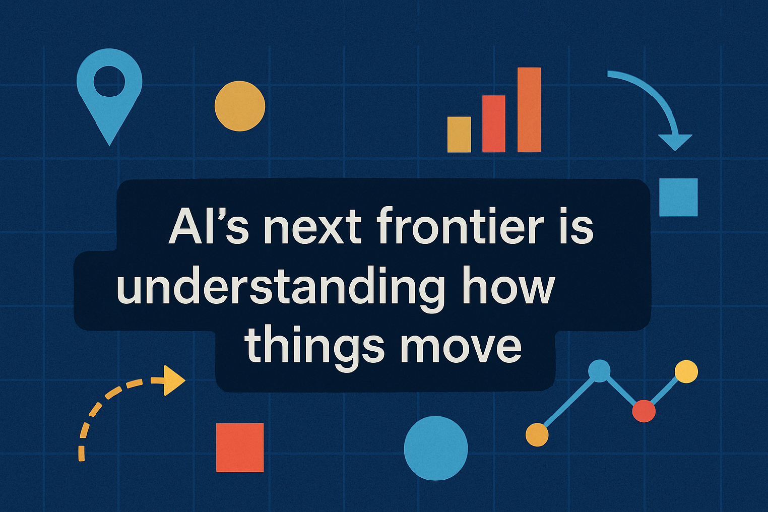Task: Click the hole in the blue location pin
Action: (x=109, y=81)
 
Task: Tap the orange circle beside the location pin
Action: (x=240, y=106)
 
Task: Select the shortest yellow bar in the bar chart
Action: (x=459, y=135)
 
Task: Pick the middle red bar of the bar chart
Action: (x=494, y=124)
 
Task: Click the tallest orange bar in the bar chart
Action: (x=529, y=110)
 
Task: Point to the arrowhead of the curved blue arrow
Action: (x=675, y=142)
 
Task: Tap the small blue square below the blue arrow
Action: (x=678, y=197)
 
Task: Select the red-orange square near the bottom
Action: (x=240, y=447)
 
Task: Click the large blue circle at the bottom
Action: (x=435, y=448)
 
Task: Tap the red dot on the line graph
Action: (x=644, y=411)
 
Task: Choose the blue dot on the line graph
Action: (x=599, y=371)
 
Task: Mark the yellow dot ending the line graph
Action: (x=686, y=371)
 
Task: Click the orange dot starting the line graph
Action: (x=537, y=435)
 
